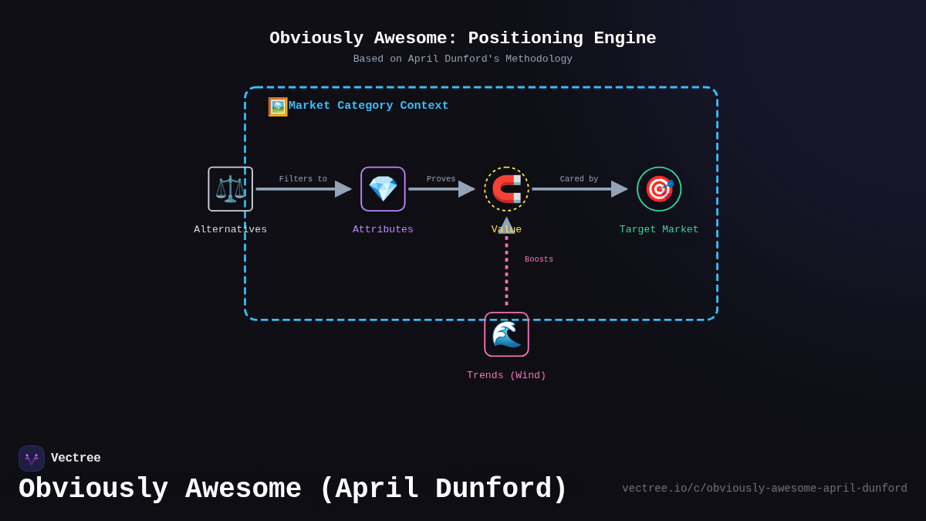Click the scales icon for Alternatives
230,189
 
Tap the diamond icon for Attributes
383,189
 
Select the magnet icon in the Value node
506,189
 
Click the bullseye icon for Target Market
659,189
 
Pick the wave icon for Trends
506,334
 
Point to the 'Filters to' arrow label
302,179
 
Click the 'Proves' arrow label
441,179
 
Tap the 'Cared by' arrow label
579,179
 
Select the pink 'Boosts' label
539,259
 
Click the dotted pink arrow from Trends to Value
506,270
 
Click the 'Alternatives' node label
230,229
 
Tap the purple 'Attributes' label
383,229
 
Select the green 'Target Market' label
659,229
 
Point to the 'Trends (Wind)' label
506,375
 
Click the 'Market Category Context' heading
368,106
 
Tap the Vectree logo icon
32,458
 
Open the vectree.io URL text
764,489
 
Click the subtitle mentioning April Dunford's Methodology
463,59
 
